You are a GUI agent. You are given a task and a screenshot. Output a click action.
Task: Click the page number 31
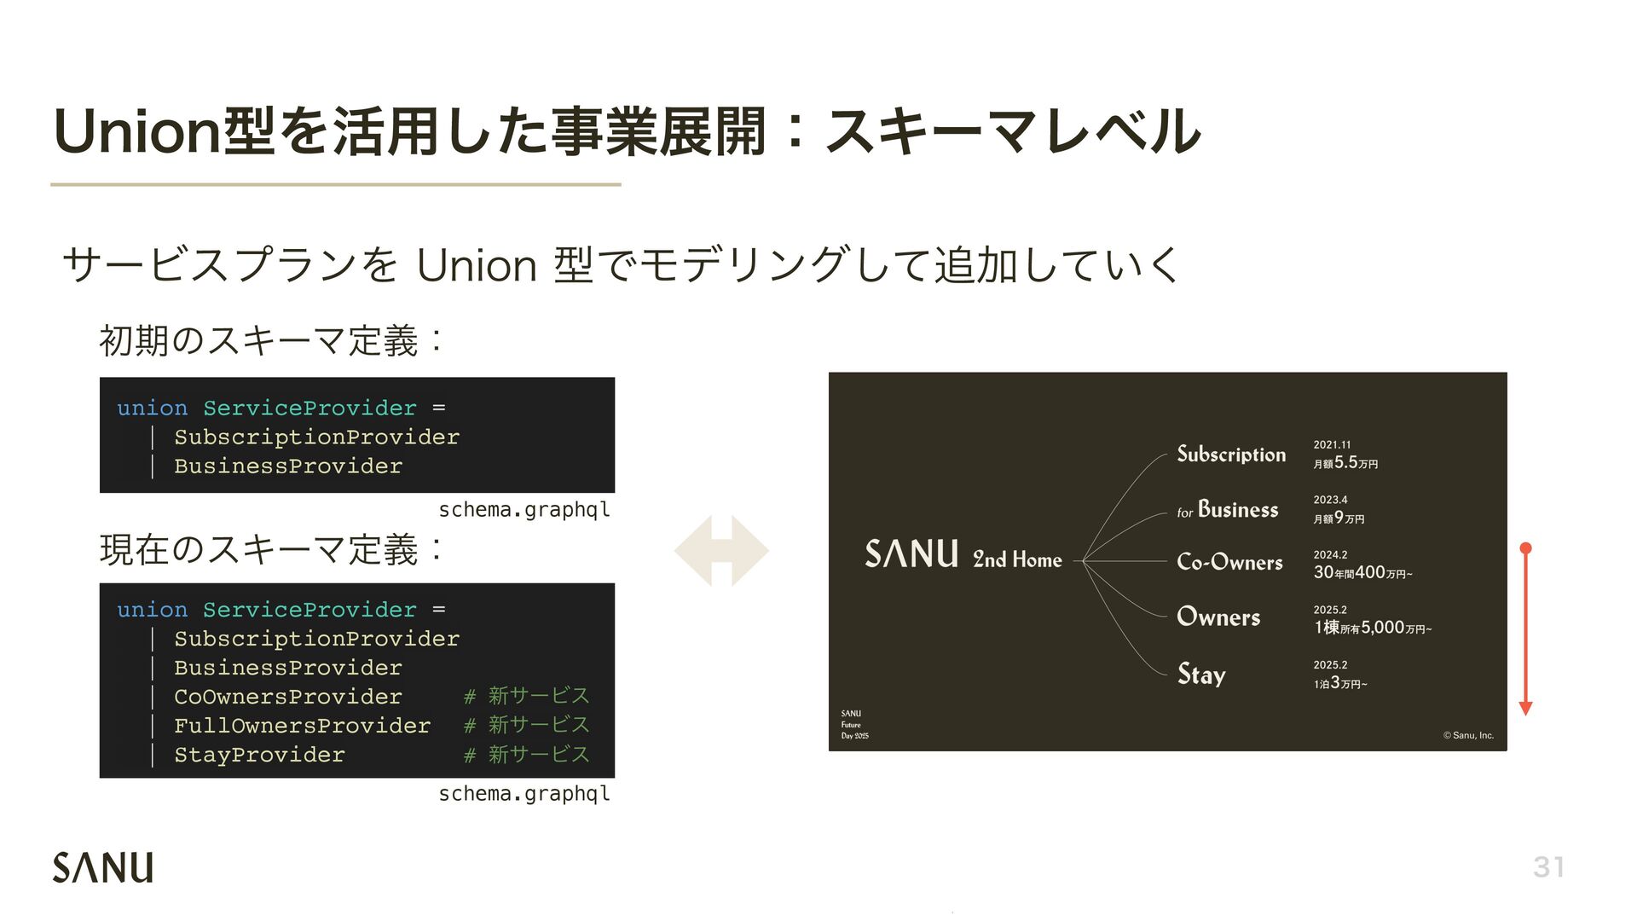pyautogui.click(x=1548, y=867)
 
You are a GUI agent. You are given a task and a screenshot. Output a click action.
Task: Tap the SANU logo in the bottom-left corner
pyautogui.click(x=103, y=867)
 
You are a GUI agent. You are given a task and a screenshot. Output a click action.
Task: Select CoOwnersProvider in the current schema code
pyautogui.click(x=287, y=697)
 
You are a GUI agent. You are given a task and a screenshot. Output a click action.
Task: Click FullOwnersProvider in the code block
pyautogui.click(x=302, y=726)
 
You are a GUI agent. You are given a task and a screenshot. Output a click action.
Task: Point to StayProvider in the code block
pyautogui.click(x=259, y=755)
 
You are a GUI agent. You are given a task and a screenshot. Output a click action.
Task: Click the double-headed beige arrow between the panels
pyautogui.click(x=721, y=551)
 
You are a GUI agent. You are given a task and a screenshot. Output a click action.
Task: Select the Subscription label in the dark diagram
pyautogui.click(x=1231, y=454)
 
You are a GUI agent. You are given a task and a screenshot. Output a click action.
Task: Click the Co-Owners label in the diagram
pyautogui.click(x=1229, y=562)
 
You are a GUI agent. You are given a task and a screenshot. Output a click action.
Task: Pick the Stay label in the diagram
pyautogui.click(x=1201, y=674)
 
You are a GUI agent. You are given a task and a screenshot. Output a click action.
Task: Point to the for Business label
pyautogui.click(x=1228, y=510)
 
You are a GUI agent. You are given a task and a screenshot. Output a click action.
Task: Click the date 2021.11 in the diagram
pyautogui.click(x=1332, y=444)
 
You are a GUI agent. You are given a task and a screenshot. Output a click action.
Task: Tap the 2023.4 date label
pyautogui.click(x=1330, y=500)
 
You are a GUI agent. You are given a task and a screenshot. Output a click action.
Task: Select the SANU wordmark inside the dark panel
pyautogui.click(x=911, y=554)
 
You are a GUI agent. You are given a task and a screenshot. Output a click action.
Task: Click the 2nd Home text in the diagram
pyautogui.click(x=1017, y=559)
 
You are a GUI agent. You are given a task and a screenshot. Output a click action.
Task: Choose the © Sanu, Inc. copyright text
pyautogui.click(x=1468, y=735)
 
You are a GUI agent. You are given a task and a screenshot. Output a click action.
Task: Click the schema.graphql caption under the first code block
pyautogui.click(x=524, y=510)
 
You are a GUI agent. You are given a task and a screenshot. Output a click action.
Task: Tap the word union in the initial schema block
pyautogui.click(x=152, y=408)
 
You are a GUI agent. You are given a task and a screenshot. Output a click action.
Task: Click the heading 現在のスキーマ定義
pyautogui.click(x=259, y=550)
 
